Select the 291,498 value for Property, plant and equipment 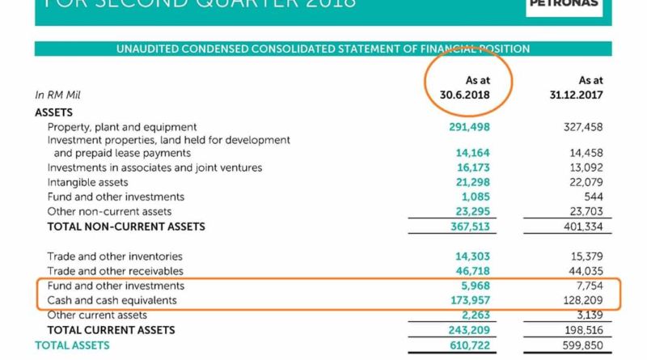[x=469, y=127]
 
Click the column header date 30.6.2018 [x=459, y=95]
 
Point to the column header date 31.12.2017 [x=578, y=95]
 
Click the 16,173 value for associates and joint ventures [x=472, y=168]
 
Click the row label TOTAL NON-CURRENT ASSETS [x=126, y=227]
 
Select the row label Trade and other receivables [x=115, y=271]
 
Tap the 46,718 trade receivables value [x=472, y=271]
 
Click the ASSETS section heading [x=54, y=112]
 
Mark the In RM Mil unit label [x=57, y=95]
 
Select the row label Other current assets [x=97, y=315]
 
